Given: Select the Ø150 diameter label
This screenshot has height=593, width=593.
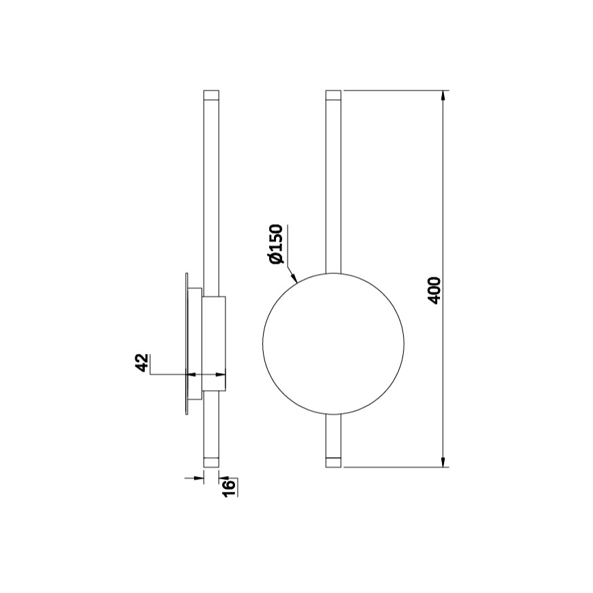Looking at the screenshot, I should click(275, 243).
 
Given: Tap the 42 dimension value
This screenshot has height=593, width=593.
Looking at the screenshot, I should click(142, 363).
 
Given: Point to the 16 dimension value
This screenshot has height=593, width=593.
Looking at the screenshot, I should click(230, 486).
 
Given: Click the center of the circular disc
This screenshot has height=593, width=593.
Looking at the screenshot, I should click(333, 344).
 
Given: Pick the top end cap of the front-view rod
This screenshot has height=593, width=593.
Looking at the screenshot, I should click(333, 95).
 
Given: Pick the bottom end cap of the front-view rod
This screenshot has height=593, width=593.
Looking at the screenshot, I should click(333, 461).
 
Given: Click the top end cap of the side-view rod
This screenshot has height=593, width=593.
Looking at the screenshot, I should click(212, 95).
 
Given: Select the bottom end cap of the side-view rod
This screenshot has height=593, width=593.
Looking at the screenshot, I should click(212, 461).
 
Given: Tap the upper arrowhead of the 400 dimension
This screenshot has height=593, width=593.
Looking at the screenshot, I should click(445, 96).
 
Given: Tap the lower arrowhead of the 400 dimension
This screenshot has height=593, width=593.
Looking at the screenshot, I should click(445, 461).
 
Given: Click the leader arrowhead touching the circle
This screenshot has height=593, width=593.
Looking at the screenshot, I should click(294, 278).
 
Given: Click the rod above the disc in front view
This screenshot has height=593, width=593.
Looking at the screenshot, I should click(333, 184).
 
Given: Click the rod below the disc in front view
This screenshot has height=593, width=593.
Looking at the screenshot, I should click(333, 434).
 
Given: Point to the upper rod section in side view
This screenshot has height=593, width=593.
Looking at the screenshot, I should click(212, 191).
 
